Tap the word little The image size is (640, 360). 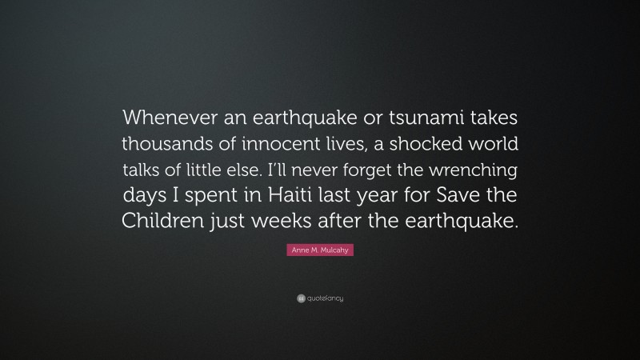(x=238, y=171)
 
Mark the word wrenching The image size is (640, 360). (x=477, y=171)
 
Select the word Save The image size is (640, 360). (x=462, y=198)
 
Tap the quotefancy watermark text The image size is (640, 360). (x=326, y=298)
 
